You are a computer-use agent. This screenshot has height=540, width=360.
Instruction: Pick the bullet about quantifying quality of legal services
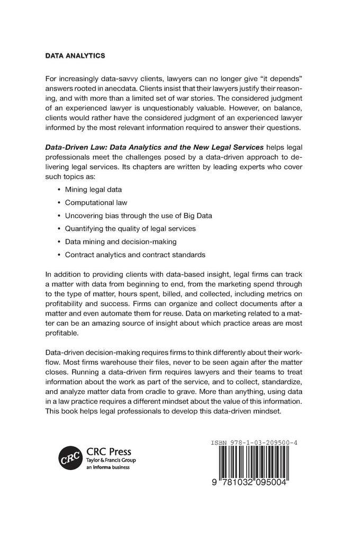point(130,228)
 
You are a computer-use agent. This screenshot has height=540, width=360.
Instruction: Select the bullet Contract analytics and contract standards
point(134,255)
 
